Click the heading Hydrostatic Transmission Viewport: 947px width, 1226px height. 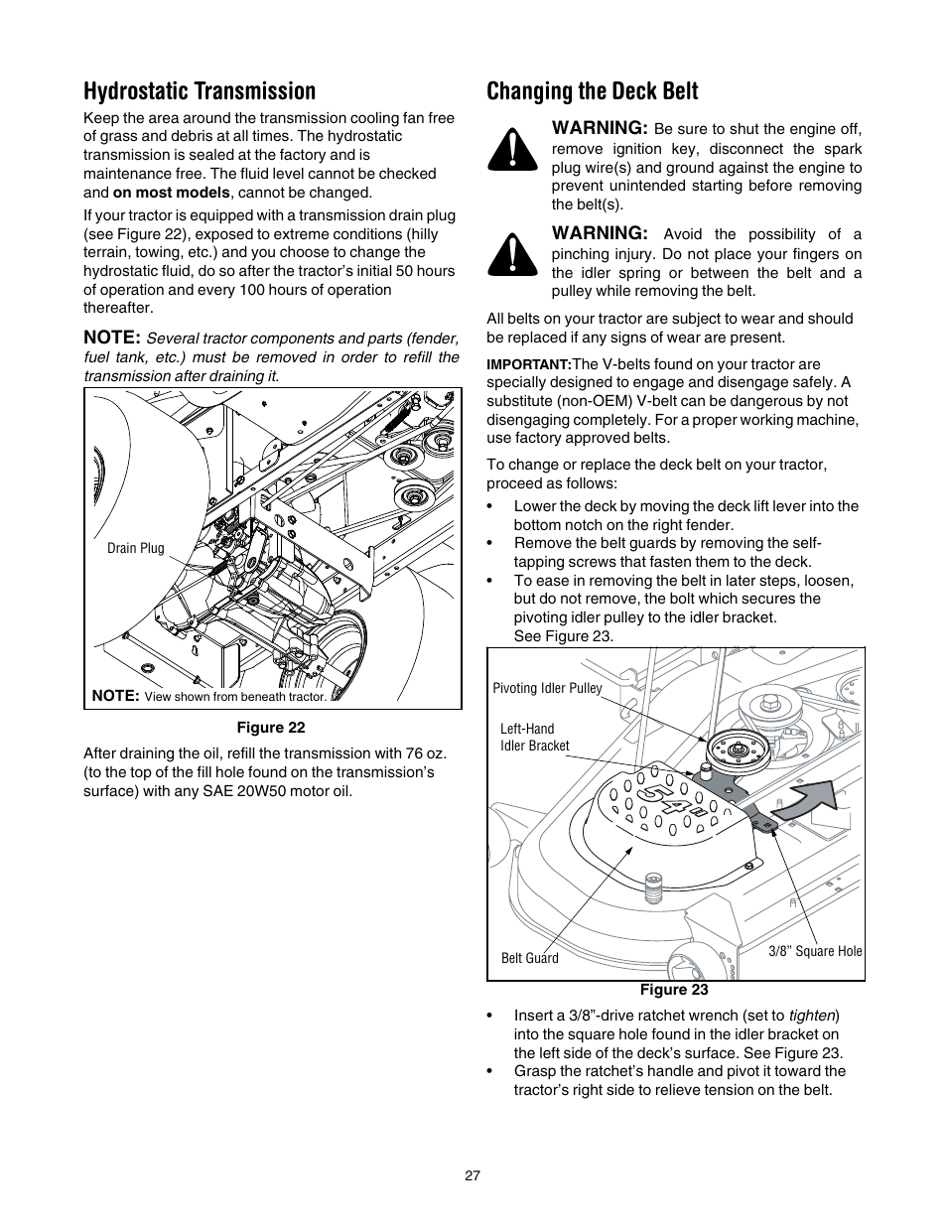200,91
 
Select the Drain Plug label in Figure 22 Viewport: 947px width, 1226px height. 136,548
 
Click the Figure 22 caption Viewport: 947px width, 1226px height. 270,727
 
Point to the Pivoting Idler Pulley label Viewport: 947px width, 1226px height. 547,688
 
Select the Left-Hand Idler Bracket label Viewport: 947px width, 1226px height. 535,737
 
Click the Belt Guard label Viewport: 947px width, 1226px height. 529,958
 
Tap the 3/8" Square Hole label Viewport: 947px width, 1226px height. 815,951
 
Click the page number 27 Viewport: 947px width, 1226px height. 473,1175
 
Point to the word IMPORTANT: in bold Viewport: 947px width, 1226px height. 528,364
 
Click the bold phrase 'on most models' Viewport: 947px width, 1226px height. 171,193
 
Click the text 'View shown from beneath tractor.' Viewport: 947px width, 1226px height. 235,697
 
